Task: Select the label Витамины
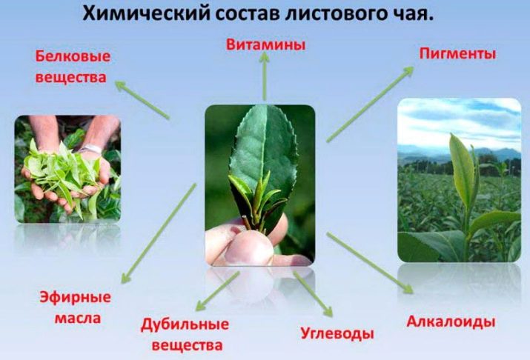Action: tap(265, 44)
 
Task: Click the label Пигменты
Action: tap(457, 53)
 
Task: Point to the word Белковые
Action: tap(73, 56)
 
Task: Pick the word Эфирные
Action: tap(76, 298)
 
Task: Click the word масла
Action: tap(78, 318)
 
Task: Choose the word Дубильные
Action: tap(185, 324)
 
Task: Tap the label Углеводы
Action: tap(337, 333)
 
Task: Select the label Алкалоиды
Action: tap(451, 321)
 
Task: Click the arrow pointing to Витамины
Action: tap(265, 76)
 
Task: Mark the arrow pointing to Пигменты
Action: tap(370, 104)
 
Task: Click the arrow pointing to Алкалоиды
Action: tap(370, 263)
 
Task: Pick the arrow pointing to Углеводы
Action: tap(313, 293)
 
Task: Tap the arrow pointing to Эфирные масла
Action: tap(159, 233)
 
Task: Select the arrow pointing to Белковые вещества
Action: tap(142, 99)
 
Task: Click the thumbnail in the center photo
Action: tap(250, 247)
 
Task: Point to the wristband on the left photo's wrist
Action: tap(90, 149)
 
